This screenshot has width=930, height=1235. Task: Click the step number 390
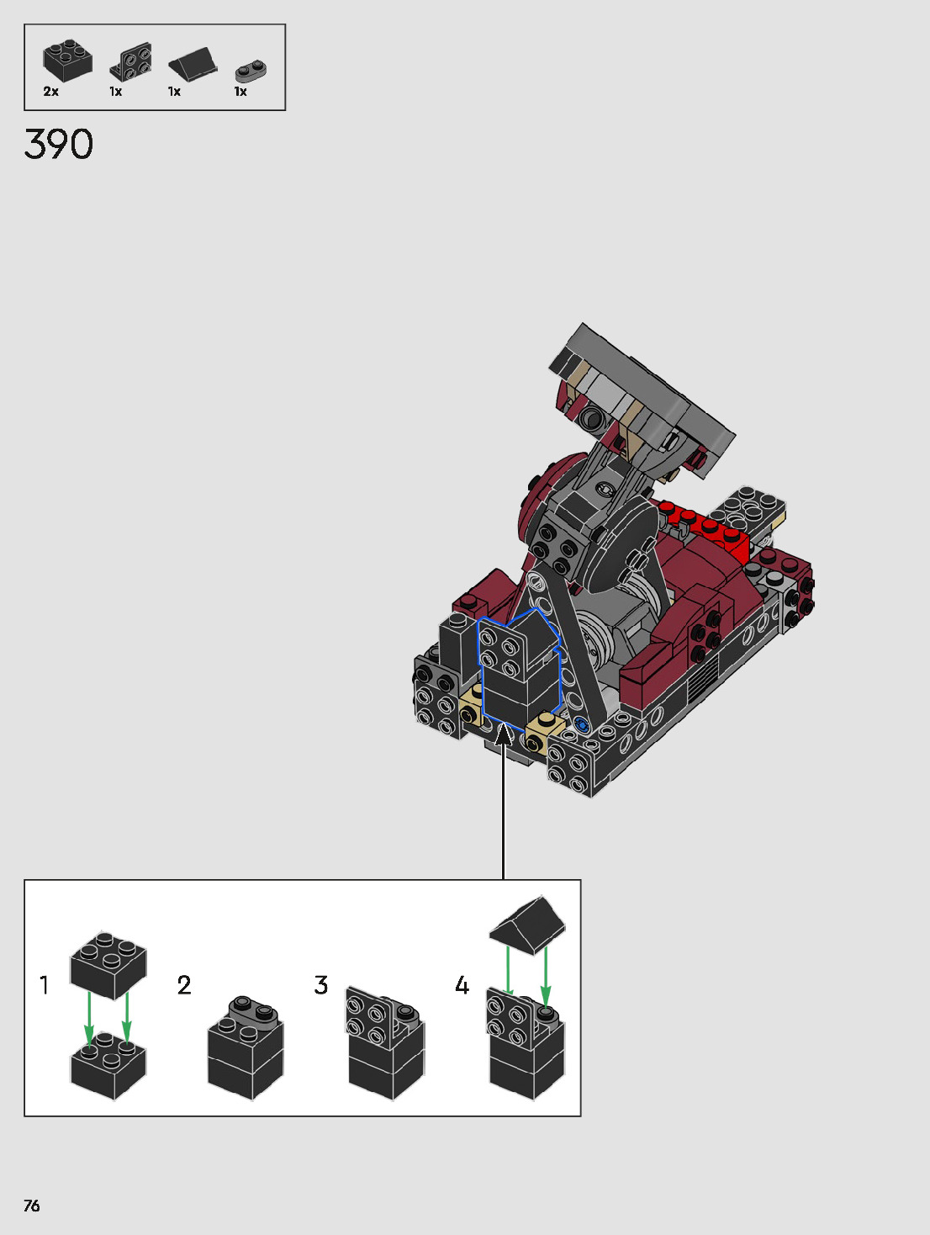[x=59, y=145]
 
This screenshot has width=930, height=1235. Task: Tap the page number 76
[x=31, y=1206]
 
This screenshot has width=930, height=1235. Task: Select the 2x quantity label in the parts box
[x=50, y=91]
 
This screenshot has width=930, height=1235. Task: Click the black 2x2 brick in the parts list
[x=67, y=61]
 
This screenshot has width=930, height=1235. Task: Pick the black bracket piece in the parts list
[x=130, y=61]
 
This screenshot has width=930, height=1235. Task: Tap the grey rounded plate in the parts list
[x=251, y=72]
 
